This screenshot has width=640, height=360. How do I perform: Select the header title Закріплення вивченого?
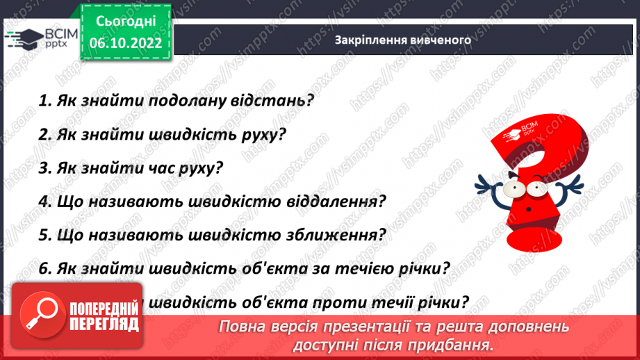pos(403,40)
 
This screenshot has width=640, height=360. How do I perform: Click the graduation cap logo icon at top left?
pos(23,38)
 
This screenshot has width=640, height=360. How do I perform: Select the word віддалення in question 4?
pos(335,202)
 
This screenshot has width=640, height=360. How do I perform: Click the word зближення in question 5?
pos(335,235)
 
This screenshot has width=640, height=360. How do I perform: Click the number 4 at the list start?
pos(43,202)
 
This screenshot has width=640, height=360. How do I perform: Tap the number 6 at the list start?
pos(43,268)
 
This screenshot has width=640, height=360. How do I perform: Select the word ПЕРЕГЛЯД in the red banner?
pos(104,323)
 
